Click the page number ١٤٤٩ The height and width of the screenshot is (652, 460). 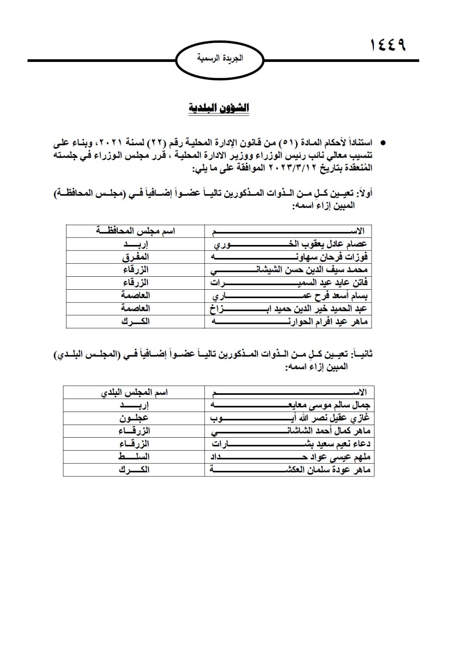tap(388, 45)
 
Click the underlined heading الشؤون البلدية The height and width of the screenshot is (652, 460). tap(219, 108)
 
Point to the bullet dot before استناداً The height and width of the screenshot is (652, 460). tap(383, 143)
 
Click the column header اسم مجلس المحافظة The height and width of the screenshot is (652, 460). tap(136, 231)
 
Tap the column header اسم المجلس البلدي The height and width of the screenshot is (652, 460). tap(135, 392)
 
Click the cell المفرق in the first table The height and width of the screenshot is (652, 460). tap(136, 257)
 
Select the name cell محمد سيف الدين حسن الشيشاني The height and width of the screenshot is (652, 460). tap(289, 270)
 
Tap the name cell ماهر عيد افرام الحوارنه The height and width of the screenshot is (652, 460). tap(289, 322)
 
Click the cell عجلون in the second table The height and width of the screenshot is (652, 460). tap(134, 418)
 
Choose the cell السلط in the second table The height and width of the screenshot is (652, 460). tap(134, 456)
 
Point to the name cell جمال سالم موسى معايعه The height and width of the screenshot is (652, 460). tap(290, 405)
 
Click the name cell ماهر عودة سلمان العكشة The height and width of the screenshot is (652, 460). tap(290, 469)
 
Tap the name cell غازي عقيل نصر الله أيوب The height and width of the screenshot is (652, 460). tap(290, 418)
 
